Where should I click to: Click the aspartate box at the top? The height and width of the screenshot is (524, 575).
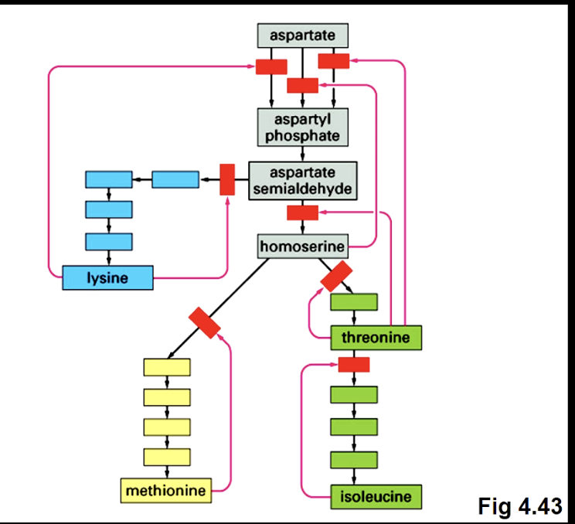(x=302, y=36)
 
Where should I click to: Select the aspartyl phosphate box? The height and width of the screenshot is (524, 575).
(x=302, y=127)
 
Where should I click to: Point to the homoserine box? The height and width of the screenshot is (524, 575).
(x=302, y=247)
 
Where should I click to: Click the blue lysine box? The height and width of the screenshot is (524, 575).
(x=107, y=277)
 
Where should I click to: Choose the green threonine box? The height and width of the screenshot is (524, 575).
(x=376, y=338)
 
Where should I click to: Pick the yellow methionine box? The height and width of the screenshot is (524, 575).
(x=165, y=490)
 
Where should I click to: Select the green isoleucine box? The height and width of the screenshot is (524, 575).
(x=376, y=495)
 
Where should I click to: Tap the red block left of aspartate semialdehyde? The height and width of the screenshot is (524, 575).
(x=227, y=179)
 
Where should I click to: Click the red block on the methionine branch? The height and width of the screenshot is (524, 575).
(x=205, y=323)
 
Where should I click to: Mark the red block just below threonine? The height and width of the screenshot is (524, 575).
(x=354, y=364)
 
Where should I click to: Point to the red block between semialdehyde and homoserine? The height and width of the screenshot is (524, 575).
(x=302, y=213)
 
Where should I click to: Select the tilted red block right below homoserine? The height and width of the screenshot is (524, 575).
(x=336, y=277)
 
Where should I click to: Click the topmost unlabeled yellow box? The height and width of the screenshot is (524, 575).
(x=167, y=367)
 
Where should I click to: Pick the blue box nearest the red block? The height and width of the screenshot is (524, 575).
(x=175, y=180)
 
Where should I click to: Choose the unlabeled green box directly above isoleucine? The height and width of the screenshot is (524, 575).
(x=354, y=459)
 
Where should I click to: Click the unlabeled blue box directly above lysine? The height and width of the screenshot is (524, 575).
(x=109, y=240)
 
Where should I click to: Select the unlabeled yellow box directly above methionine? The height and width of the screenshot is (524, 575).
(x=167, y=456)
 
